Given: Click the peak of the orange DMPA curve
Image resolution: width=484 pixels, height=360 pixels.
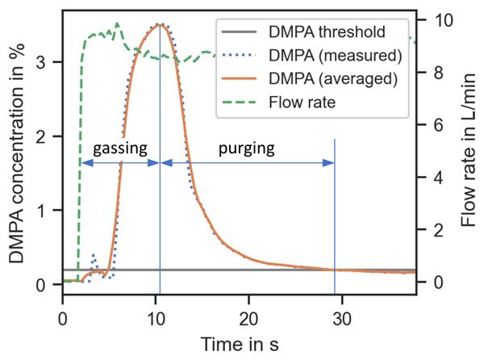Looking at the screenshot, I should (160, 25).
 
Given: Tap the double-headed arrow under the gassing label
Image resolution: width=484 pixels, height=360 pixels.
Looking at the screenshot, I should (120, 163).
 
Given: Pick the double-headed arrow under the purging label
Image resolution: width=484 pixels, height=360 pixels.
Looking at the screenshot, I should (248, 163).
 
